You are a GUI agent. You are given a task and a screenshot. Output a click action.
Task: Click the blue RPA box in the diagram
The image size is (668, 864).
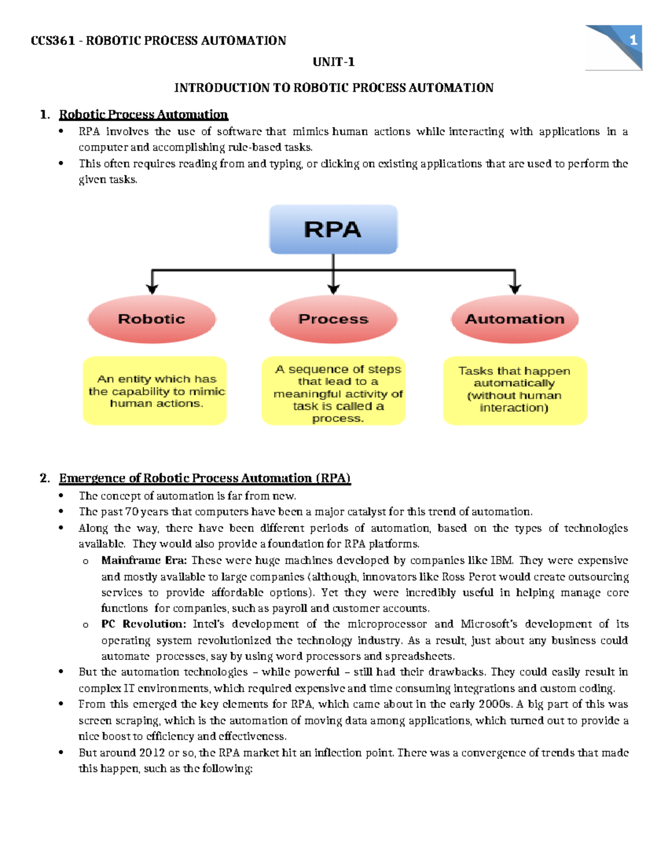(333, 229)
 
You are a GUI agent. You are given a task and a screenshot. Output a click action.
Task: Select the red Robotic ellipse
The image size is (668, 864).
(152, 319)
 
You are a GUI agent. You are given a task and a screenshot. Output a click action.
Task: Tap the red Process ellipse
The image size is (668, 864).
(333, 319)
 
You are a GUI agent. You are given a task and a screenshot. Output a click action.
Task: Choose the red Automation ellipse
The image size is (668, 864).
(514, 319)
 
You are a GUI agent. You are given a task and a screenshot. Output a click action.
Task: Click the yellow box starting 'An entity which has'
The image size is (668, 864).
(155, 391)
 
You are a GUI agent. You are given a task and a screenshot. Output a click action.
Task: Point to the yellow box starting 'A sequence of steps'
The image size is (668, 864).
(333, 391)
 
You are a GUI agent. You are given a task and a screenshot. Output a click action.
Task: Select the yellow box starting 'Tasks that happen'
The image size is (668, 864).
(514, 391)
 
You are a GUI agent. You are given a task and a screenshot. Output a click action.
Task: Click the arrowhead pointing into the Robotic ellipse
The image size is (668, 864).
(152, 289)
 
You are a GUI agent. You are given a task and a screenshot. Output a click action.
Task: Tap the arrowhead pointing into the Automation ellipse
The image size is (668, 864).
(515, 289)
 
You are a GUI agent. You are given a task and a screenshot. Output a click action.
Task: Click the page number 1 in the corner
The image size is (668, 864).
(632, 40)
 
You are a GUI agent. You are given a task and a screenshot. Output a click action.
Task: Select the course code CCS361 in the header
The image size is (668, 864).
(53, 41)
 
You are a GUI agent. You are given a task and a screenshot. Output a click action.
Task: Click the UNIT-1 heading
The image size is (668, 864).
(333, 62)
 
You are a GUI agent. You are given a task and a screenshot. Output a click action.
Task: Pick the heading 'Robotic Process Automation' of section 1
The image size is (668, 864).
(143, 115)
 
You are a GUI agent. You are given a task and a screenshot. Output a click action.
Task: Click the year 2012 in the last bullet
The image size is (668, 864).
(152, 753)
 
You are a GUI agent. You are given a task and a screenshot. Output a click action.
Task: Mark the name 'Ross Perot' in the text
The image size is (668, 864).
(469, 577)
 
